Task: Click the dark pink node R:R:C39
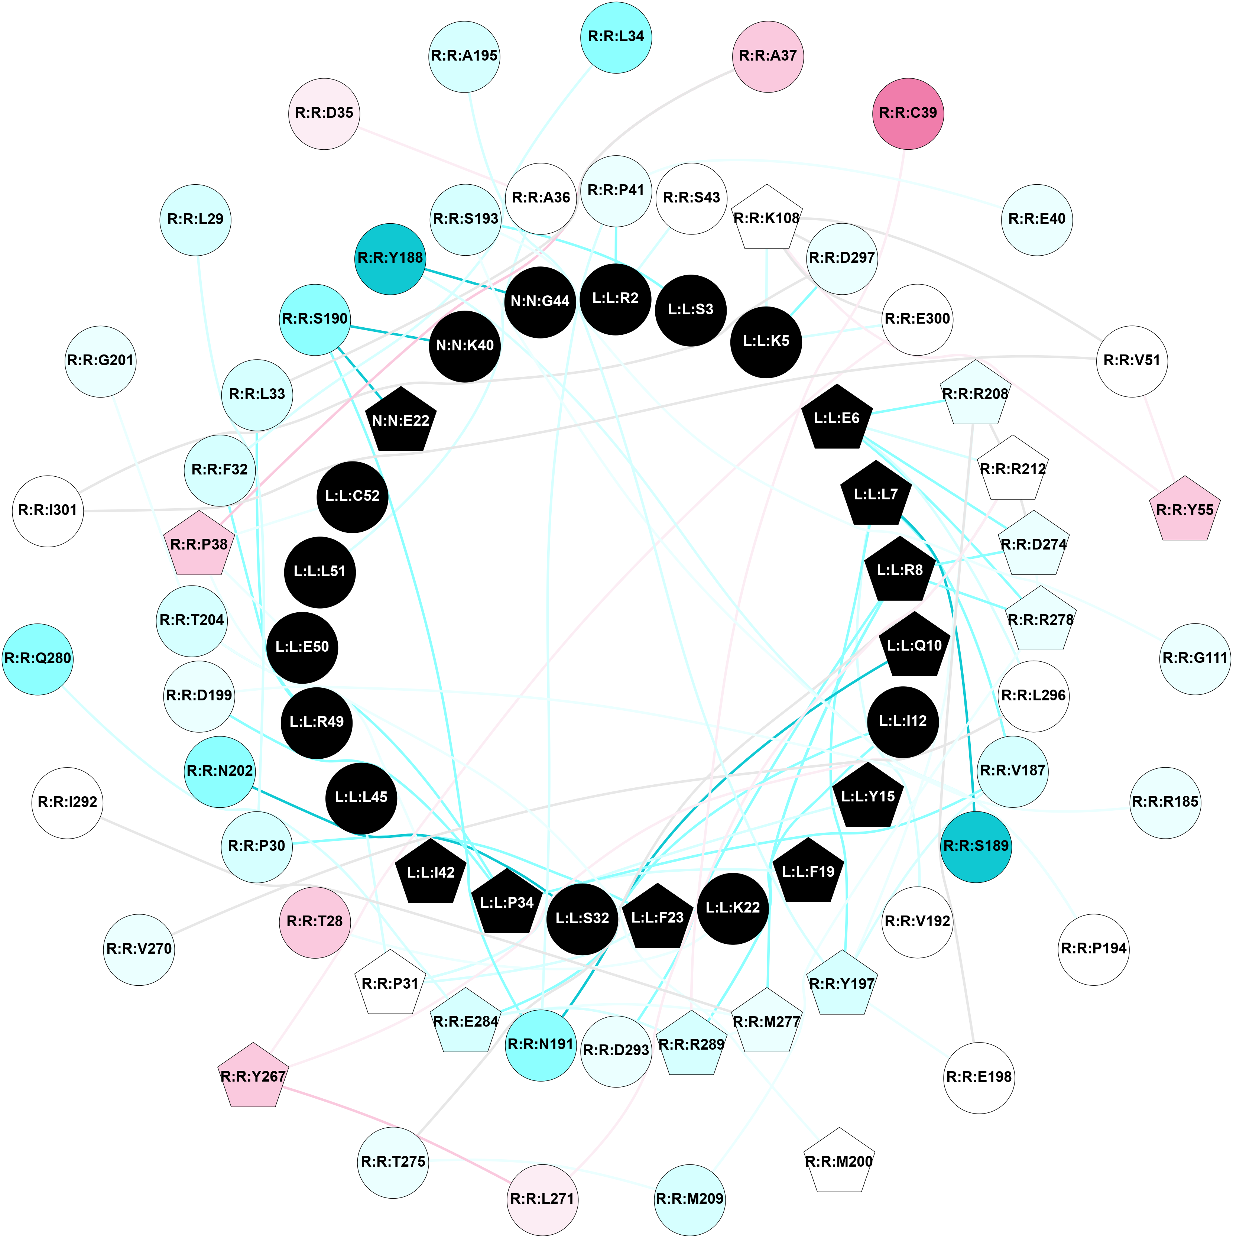[x=908, y=113]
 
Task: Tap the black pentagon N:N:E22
[x=400, y=420]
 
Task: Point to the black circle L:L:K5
[x=766, y=341]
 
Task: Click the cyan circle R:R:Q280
[x=37, y=659]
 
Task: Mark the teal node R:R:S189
[x=976, y=846]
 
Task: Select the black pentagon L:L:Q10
[x=914, y=646]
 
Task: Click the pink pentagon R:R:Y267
[x=253, y=1076]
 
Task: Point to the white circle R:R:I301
[x=48, y=511]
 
